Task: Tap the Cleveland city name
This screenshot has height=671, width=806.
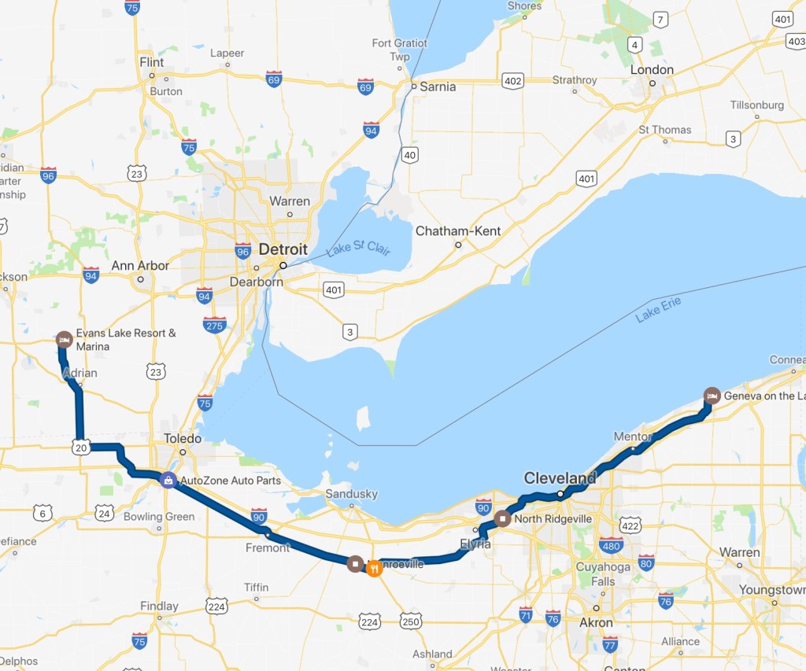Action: point(560,478)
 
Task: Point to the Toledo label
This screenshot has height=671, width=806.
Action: point(183,438)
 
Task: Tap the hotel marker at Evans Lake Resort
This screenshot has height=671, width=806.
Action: point(65,339)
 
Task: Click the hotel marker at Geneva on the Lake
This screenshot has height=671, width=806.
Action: point(712,395)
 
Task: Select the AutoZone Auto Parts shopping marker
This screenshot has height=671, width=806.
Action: point(168,480)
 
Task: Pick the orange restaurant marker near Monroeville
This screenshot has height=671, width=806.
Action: point(375,567)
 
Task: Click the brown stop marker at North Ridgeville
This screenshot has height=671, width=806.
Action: point(503,519)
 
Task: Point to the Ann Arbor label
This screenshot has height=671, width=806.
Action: point(140,266)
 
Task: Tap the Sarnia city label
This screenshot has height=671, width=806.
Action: point(438,87)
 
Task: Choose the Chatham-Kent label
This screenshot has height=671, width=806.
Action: point(458,231)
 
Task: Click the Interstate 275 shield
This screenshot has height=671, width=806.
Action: point(214,324)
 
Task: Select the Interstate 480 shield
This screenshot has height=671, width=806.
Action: point(611,545)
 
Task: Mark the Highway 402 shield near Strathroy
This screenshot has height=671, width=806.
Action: point(513,80)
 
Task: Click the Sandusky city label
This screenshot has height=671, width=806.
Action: point(351,494)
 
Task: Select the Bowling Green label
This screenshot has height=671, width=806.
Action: point(159,517)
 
